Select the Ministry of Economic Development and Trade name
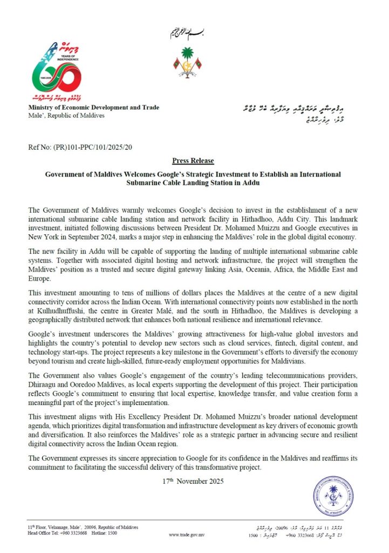[94, 107]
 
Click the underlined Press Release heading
[193, 161]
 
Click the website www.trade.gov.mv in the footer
[188, 535]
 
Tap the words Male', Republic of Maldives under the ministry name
[66, 116]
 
